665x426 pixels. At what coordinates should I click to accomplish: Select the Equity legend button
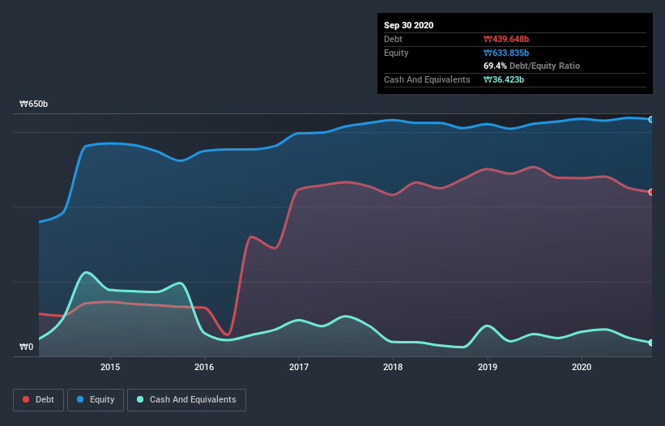pyautogui.click(x=96, y=399)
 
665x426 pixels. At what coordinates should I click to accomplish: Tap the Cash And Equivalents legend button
pyautogui.click(x=186, y=399)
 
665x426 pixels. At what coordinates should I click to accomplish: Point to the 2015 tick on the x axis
pyautogui.click(x=110, y=367)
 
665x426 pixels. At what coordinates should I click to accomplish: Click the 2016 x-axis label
pyautogui.click(x=205, y=367)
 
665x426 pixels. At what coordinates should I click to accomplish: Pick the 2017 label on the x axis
pyautogui.click(x=299, y=367)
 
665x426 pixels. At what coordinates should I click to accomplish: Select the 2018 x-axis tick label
pyautogui.click(x=393, y=367)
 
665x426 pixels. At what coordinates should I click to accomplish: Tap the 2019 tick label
pyautogui.click(x=488, y=367)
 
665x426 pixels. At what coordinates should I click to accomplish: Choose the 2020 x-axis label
pyautogui.click(x=582, y=367)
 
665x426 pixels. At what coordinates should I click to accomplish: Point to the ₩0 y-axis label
pyautogui.click(x=26, y=347)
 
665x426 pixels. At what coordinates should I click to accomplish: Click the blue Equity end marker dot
pyautogui.click(x=651, y=119)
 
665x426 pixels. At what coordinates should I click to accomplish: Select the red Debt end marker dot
pyautogui.click(x=651, y=192)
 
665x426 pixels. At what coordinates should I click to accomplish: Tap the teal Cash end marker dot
pyautogui.click(x=651, y=343)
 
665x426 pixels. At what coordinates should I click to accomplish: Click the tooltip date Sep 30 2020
pyautogui.click(x=409, y=25)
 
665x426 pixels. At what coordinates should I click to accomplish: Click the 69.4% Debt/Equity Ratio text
pyautogui.click(x=531, y=66)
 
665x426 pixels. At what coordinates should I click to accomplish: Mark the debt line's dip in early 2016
pyautogui.click(x=228, y=334)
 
